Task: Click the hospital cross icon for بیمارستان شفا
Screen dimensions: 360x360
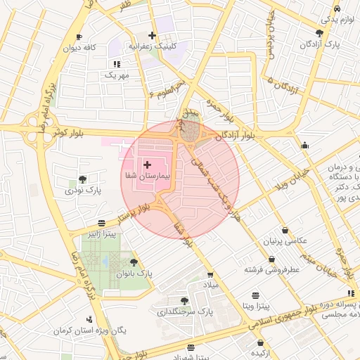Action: click(x=146, y=164)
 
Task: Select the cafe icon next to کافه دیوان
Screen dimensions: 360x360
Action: click(x=79, y=37)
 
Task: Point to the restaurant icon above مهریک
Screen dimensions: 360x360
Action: click(x=117, y=64)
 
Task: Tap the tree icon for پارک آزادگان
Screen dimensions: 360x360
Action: click(x=319, y=33)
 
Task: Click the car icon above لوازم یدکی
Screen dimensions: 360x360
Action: click(x=337, y=8)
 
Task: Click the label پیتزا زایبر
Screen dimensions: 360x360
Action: click(x=101, y=233)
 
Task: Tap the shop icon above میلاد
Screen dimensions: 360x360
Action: click(x=210, y=275)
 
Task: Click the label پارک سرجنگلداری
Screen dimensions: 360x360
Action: click(x=184, y=311)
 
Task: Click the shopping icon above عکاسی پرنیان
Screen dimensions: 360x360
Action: click(x=284, y=230)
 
